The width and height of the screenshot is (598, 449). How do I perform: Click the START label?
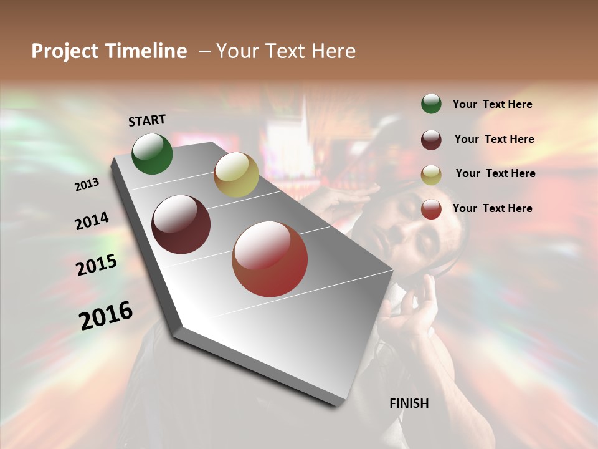[147, 120]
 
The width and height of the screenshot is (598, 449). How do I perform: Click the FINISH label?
[409, 403]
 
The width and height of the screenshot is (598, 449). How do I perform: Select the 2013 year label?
[87, 185]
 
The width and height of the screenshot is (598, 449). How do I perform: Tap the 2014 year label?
[92, 221]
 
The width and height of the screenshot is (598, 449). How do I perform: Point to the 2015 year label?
[96, 266]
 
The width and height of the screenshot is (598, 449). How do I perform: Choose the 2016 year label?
[106, 316]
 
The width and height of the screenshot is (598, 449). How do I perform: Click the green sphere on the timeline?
[152, 153]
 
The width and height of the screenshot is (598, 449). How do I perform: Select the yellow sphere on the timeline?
[236, 175]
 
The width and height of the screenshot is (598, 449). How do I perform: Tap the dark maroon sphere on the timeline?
[181, 224]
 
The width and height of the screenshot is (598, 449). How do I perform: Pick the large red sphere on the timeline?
[270, 259]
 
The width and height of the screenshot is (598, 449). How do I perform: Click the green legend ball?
[431, 104]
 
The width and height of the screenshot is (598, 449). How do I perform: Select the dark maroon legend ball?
[431, 140]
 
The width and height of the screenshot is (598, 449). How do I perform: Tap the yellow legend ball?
[431, 175]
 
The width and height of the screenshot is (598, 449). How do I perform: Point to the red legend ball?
[431, 209]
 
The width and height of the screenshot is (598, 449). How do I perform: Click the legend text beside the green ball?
[492, 104]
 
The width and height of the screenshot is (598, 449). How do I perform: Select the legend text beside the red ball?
[492, 208]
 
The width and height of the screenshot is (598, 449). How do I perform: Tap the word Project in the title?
[66, 51]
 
